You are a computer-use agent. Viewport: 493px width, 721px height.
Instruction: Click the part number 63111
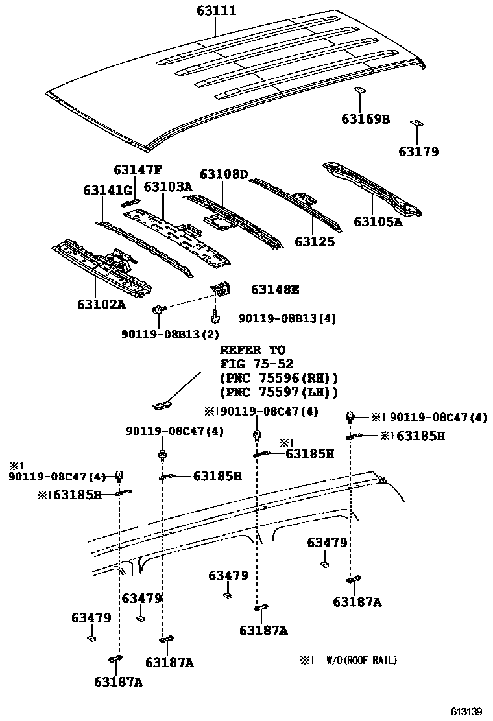217,10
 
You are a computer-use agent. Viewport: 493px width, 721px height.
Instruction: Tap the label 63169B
366,119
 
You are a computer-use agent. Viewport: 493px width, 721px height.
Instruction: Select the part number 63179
418,152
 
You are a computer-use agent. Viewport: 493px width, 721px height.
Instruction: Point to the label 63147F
138,171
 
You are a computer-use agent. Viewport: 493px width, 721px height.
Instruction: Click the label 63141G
107,190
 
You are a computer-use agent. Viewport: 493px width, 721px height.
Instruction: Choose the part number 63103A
168,187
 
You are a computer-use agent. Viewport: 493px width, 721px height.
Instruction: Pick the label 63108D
224,174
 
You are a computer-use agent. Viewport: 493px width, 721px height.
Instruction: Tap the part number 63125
315,241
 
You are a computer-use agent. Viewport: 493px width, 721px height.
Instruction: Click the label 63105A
378,222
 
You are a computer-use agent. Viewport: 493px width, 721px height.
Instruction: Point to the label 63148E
275,289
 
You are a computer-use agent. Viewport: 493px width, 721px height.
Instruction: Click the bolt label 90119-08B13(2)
170,334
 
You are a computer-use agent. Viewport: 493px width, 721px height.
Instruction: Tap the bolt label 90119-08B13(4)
287,318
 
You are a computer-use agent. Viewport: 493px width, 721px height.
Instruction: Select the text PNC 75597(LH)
279,392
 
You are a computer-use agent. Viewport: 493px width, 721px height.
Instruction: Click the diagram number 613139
467,711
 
